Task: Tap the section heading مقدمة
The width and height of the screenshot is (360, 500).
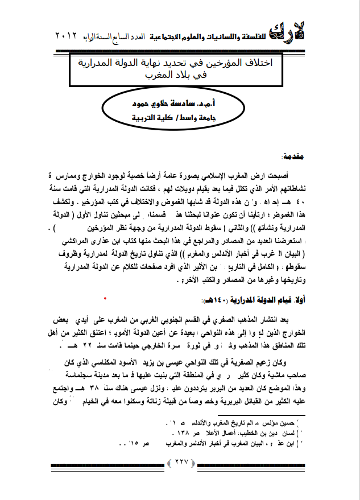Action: click(294, 155)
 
